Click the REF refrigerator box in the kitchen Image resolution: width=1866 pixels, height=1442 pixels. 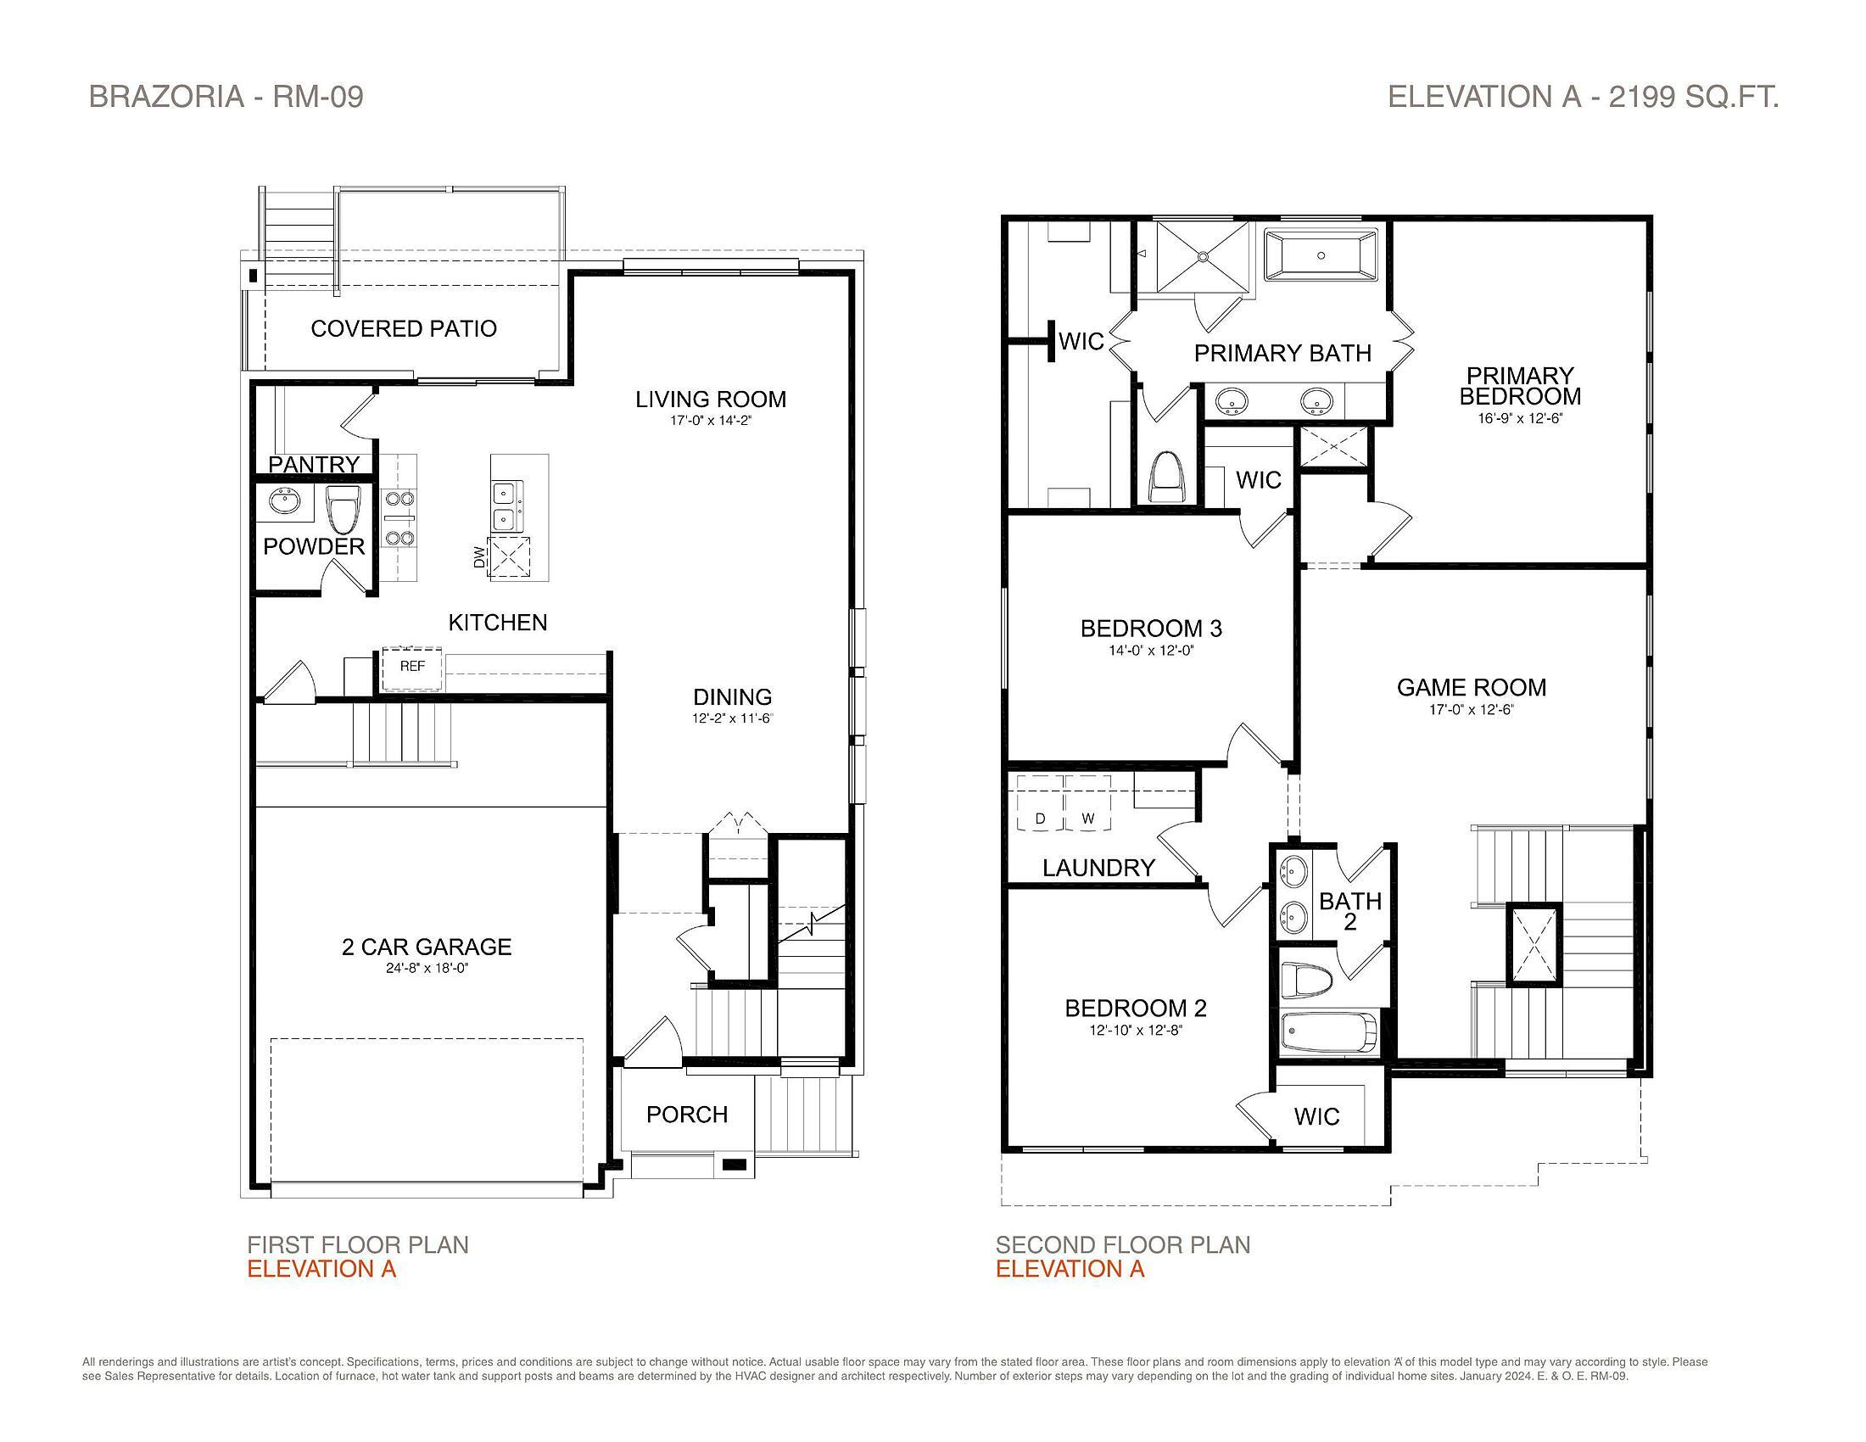click(412, 669)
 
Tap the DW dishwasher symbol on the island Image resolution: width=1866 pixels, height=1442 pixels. click(509, 558)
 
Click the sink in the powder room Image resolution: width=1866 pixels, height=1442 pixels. click(282, 502)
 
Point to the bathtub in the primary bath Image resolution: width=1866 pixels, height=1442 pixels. click(1321, 254)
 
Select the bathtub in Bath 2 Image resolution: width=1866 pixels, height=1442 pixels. click(1330, 1032)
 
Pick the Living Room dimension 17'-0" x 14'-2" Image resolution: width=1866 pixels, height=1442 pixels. click(711, 420)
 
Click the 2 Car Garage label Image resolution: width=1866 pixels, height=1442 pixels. click(427, 947)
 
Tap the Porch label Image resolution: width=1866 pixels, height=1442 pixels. click(687, 1114)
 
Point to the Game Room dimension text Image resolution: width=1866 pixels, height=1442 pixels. click(1472, 709)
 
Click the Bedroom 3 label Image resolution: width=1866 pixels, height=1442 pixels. click(1151, 629)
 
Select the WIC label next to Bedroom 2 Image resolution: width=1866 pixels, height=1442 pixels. click(1316, 1115)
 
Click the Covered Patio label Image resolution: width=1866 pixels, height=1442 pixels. click(403, 329)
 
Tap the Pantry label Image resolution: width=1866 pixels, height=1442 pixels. click(314, 464)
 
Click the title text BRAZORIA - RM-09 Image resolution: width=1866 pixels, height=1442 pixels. click(226, 97)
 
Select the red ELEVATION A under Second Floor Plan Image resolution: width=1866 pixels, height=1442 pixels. click(1070, 1269)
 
